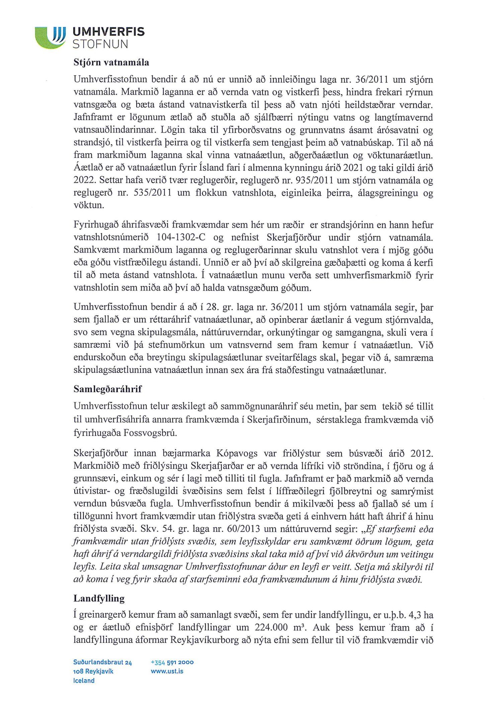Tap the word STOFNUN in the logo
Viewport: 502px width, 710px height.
[x=100, y=44]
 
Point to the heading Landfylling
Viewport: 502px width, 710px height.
[x=99, y=598]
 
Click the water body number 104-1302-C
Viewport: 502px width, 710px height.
[x=181, y=238]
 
